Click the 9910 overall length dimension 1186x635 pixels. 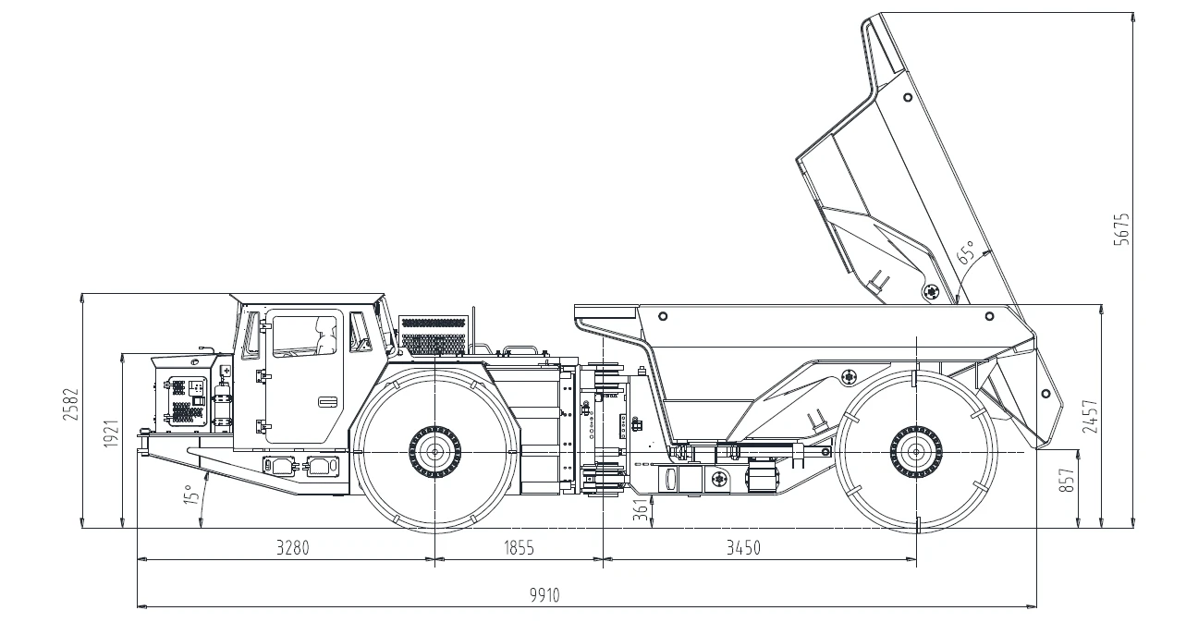[x=544, y=595]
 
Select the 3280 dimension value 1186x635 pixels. [x=293, y=547]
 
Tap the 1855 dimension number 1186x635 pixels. [x=519, y=547]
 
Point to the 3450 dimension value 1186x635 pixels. [x=743, y=547]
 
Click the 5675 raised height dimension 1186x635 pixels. [x=1121, y=230]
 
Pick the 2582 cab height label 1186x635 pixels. [x=70, y=405]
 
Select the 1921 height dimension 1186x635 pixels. [x=111, y=434]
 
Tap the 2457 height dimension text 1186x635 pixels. [x=1090, y=416]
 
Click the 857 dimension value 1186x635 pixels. [x=1067, y=481]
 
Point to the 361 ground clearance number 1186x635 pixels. [x=641, y=509]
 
